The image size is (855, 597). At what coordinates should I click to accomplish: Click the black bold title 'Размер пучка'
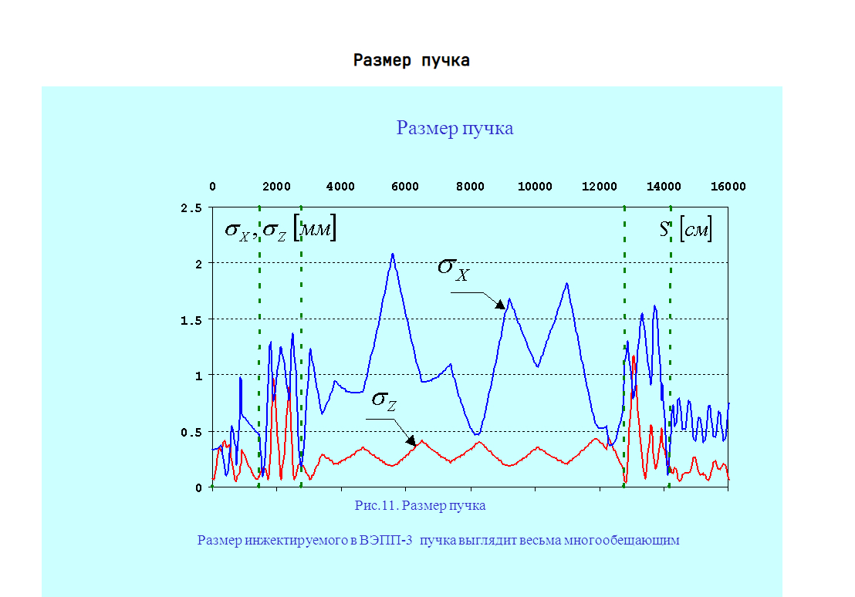pos(411,61)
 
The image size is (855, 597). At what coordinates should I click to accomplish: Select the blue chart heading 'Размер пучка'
pos(455,128)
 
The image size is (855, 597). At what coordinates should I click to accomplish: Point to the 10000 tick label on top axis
pos(535,187)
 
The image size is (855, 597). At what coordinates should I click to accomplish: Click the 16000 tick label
pos(728,187)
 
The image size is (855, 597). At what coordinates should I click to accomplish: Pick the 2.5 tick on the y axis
pos(191,208)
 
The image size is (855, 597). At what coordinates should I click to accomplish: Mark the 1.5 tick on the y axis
pos(191,319)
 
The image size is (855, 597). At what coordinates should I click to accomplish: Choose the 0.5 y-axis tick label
pos(191,431)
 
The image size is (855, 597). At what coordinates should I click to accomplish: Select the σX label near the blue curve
pos(453,269)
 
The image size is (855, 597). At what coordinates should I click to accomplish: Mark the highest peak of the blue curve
pos(393,254)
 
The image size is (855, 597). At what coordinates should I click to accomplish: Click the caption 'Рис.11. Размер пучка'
pos(420,506)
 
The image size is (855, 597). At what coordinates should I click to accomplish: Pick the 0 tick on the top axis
pos(212,187)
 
